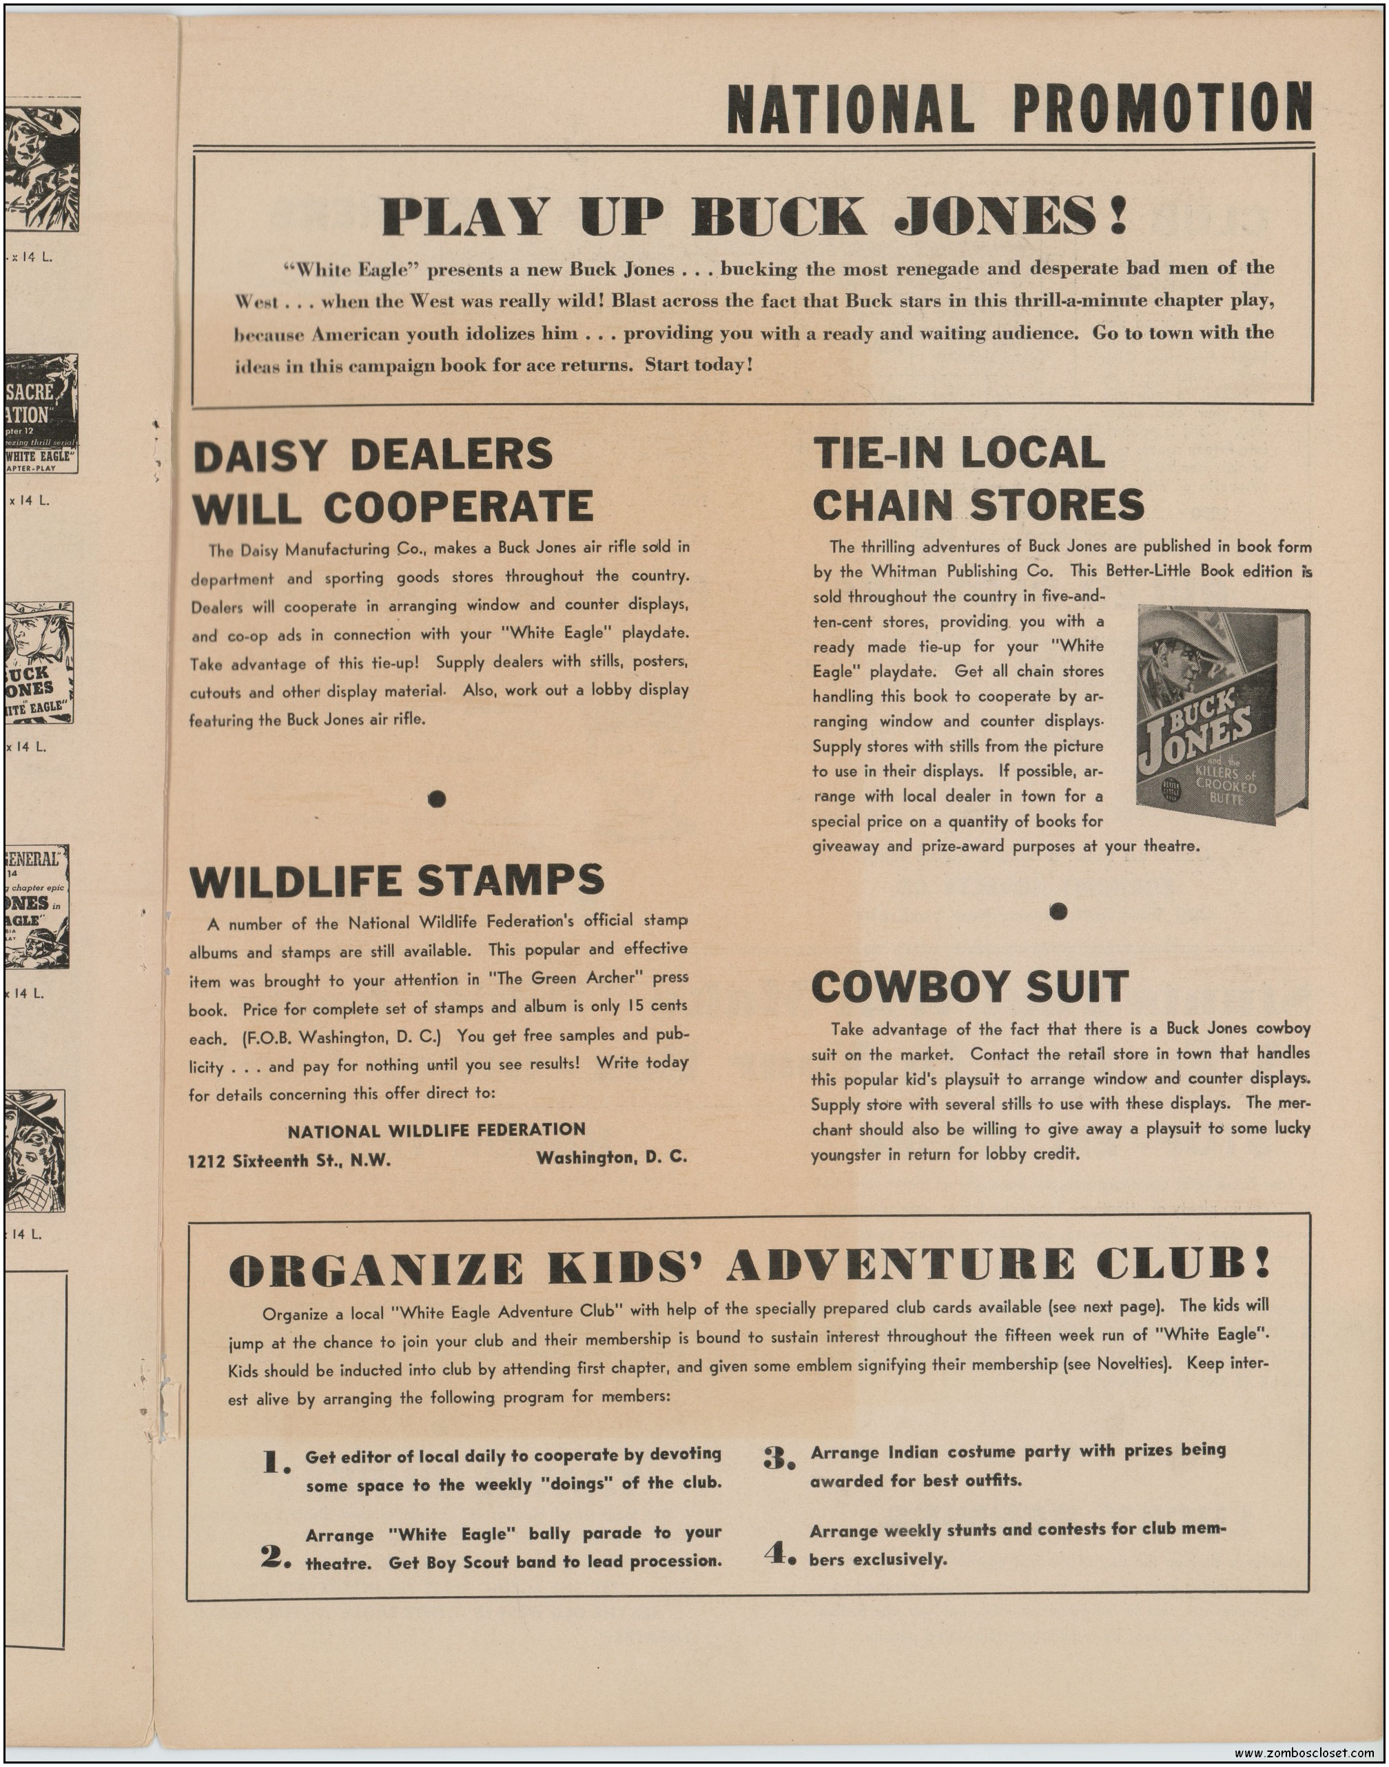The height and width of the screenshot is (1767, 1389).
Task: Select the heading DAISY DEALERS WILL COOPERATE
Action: [x=392, y=481]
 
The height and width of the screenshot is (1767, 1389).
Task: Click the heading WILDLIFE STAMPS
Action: [x=397, y=880]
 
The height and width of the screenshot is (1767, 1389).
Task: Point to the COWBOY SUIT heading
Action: [x=969, y=986]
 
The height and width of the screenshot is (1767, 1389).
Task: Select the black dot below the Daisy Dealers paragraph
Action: [x=438, y=799]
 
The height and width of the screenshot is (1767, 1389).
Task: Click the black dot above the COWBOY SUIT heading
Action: [x=1058, y=911]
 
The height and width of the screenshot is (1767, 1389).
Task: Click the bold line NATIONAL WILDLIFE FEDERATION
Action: [x=436, y=1130]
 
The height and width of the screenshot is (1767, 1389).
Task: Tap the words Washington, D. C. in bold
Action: [x=612, y=1158]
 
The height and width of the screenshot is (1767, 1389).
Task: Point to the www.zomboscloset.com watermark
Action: [x=1308, y=1753]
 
